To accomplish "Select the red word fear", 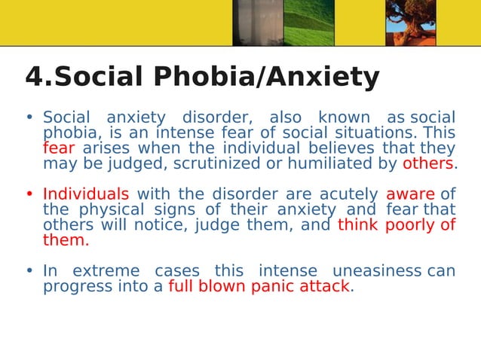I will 59,148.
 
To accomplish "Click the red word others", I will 428,164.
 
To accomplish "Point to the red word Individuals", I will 86,194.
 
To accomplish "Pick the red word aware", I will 410,194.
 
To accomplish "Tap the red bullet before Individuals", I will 29,194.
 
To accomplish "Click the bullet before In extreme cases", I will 29,271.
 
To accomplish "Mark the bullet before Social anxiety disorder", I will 29,118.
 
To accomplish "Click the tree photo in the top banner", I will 410,17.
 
